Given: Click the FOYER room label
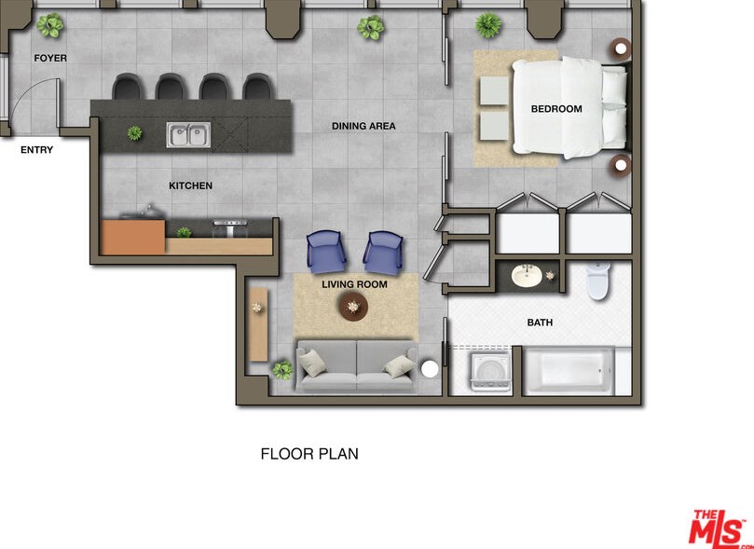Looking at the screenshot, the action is coord(50,58).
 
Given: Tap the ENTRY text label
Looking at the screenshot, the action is coord(36,150).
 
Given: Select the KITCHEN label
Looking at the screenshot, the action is coord(190,185).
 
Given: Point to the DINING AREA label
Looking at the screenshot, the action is coord(363,126).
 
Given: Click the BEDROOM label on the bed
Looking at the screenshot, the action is coord(556,109).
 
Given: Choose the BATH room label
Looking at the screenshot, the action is coord(540,323).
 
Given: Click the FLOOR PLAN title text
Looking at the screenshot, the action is coord(309,454).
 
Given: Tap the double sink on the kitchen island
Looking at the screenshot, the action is coord(188,134).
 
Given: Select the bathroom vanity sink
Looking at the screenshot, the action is coord(527,276).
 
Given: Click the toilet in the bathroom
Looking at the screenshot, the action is coord(597,281).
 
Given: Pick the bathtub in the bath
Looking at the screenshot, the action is coord(568,371).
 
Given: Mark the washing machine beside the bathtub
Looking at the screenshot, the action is coord(490,371).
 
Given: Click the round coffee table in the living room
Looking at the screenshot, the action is coord(353,307).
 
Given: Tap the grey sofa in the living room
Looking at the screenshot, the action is coord(356,366).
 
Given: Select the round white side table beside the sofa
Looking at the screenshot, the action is coord(430,369).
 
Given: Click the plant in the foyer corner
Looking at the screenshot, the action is coord(50,25).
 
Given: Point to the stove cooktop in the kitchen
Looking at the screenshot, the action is coord(230,228).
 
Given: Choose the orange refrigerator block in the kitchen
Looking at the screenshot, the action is coord(133,238).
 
